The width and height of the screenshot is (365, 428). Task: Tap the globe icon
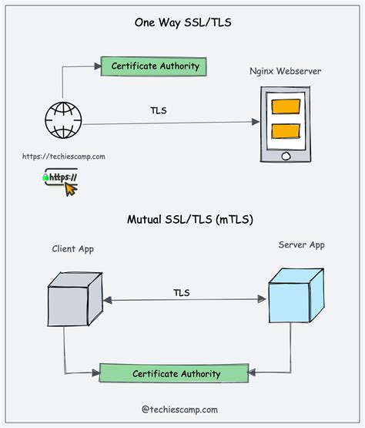pos(61,121)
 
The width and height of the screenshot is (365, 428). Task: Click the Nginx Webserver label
pos(286,72)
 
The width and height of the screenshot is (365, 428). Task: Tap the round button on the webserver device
pos(286,154)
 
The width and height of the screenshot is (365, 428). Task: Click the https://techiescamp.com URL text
pos(63,157)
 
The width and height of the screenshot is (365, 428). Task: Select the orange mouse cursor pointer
pos(70,188)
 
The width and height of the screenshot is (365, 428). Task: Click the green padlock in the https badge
pos(47,177)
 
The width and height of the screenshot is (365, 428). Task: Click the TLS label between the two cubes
pos(181,292)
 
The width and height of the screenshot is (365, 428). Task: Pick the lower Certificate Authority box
pos(176,373)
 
